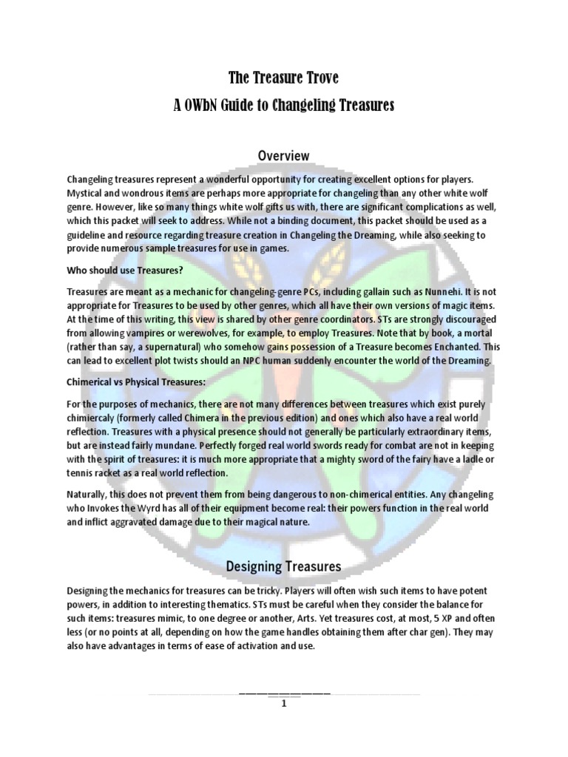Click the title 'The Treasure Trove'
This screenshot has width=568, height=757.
(x=284, y=78)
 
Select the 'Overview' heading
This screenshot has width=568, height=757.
(x=283, y=155)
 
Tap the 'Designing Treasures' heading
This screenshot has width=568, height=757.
(x=283, y=567)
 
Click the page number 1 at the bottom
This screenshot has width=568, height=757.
(x=283, y=704)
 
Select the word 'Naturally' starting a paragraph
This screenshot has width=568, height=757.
(x=91, y=494)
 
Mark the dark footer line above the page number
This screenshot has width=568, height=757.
(x=284, y=693)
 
